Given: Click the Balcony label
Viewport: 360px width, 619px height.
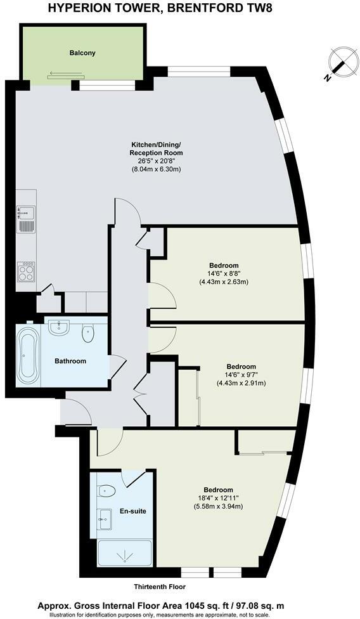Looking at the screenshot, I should (x=82, y=53).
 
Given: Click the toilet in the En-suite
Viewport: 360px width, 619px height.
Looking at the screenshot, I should (x=106, y=491).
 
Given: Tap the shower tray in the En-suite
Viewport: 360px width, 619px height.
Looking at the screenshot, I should (x=124, y=554).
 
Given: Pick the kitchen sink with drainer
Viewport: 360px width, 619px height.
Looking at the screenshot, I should (x=26, y=218).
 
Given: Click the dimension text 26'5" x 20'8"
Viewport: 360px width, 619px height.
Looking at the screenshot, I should (x=156, y=161).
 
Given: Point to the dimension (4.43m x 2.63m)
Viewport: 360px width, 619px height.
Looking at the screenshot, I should (x=224, y=282).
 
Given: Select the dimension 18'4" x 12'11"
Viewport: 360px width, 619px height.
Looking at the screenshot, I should (x=219, y=498).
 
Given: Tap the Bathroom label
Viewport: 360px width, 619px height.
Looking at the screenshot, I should (x=70, y=362).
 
